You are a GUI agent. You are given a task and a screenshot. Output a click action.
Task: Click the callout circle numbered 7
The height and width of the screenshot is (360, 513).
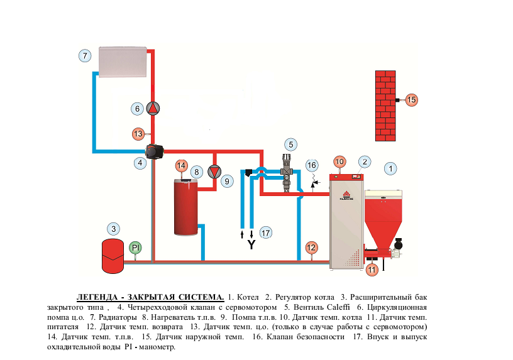86,55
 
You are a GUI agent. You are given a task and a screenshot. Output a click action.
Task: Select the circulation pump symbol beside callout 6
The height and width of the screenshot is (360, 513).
153,109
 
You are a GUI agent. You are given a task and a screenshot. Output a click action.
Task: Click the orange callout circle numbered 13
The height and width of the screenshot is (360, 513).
138,133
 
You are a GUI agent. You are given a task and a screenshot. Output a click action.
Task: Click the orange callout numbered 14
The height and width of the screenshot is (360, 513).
181,166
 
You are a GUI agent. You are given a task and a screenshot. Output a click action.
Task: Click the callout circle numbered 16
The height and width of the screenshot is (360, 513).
312,165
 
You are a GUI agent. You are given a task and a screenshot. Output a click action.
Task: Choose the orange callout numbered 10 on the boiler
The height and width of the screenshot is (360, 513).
339,161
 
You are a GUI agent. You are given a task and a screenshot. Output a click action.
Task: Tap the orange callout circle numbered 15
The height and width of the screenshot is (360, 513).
411,100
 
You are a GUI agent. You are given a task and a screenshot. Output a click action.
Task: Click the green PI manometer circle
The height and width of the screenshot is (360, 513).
136,248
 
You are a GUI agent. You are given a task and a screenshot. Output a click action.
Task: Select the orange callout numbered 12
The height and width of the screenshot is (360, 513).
311,247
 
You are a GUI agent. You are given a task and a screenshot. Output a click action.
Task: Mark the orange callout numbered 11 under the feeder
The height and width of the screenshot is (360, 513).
372,270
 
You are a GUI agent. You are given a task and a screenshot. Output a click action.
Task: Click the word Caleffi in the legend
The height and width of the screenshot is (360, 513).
339,307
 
